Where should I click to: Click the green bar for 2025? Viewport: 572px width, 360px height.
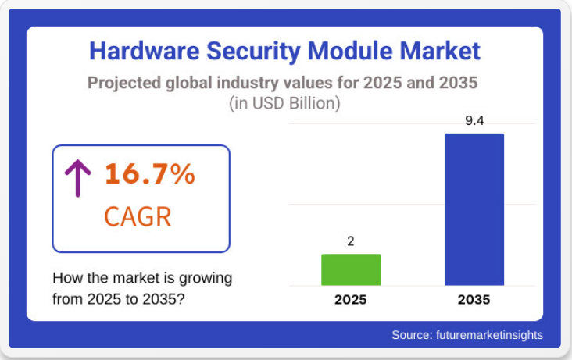coord(351,269)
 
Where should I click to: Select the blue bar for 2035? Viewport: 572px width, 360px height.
coord(474,209)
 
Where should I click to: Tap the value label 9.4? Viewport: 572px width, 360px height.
coord(474,121)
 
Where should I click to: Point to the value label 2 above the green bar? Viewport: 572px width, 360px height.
coord(351,241)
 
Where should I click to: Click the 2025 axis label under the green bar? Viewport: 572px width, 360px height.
coord(351,299)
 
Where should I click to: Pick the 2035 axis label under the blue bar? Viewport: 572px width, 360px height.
coord(474,299)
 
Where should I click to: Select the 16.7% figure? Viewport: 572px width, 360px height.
coord(149,174)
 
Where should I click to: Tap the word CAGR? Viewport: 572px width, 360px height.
coord(137,215)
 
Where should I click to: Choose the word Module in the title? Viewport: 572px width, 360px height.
coord(349,52)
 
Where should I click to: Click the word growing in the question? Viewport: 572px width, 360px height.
coord(208,278)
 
